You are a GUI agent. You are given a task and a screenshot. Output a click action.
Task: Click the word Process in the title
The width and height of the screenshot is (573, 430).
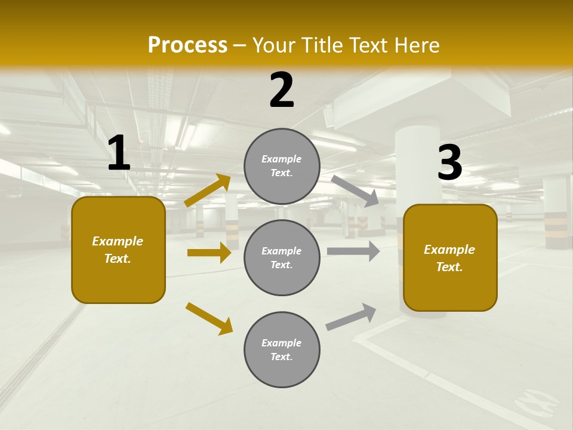187,45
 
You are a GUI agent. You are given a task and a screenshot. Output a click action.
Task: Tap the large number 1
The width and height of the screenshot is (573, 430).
119,153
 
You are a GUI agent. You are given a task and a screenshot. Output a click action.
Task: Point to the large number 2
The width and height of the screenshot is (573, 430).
282,90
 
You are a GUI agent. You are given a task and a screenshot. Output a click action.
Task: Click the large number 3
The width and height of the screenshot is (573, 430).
449,163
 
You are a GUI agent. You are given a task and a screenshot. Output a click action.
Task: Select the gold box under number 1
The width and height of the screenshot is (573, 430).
118,250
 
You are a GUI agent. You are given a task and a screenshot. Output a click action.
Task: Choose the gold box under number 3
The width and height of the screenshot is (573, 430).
450,257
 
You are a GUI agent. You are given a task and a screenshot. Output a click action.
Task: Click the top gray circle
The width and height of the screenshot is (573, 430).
282,166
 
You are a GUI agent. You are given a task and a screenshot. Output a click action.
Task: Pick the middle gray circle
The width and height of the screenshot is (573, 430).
282,257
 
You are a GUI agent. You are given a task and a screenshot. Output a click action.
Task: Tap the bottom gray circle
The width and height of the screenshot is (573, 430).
282,349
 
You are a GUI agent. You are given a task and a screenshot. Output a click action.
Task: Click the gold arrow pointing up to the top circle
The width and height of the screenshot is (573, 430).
208,191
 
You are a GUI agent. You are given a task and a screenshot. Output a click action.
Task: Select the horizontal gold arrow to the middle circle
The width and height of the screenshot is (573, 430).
209,253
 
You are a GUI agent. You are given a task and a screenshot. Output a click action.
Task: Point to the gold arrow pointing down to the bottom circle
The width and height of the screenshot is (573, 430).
209,318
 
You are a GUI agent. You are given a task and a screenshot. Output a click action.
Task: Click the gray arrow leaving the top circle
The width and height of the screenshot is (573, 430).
355,191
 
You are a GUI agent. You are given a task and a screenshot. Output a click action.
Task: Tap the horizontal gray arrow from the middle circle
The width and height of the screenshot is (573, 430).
353,251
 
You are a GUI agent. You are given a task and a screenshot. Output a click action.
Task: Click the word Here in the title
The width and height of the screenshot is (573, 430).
417,45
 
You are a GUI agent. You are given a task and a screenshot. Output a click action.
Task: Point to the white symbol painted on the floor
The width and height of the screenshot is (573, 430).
536,401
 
